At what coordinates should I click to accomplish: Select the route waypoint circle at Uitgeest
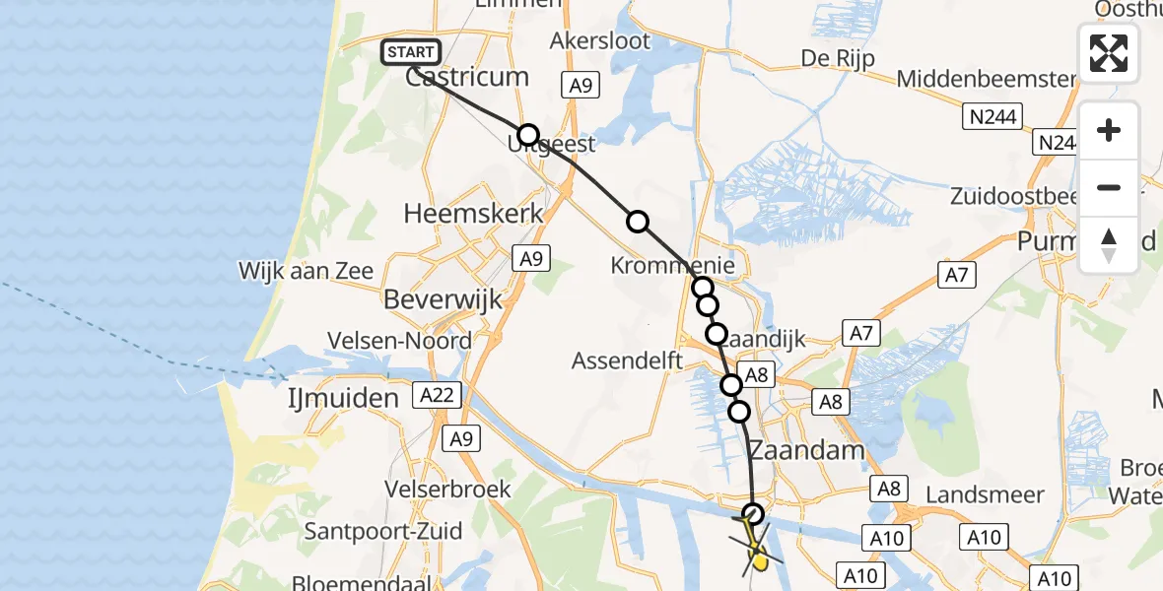click(529, 135)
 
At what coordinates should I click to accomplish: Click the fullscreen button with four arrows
click(1109, 53)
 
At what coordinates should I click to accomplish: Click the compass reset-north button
click(1109, 245)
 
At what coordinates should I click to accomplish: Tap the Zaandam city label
click(806, 451)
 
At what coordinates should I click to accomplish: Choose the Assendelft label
click(628, 361)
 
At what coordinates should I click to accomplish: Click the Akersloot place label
click(600, 41)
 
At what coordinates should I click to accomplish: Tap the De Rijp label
click(837, 57)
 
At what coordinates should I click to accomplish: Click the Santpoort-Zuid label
click(383, 532)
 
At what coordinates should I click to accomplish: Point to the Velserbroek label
click(448, 490)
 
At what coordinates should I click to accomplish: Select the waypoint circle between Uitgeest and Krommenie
click(639, 222)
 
